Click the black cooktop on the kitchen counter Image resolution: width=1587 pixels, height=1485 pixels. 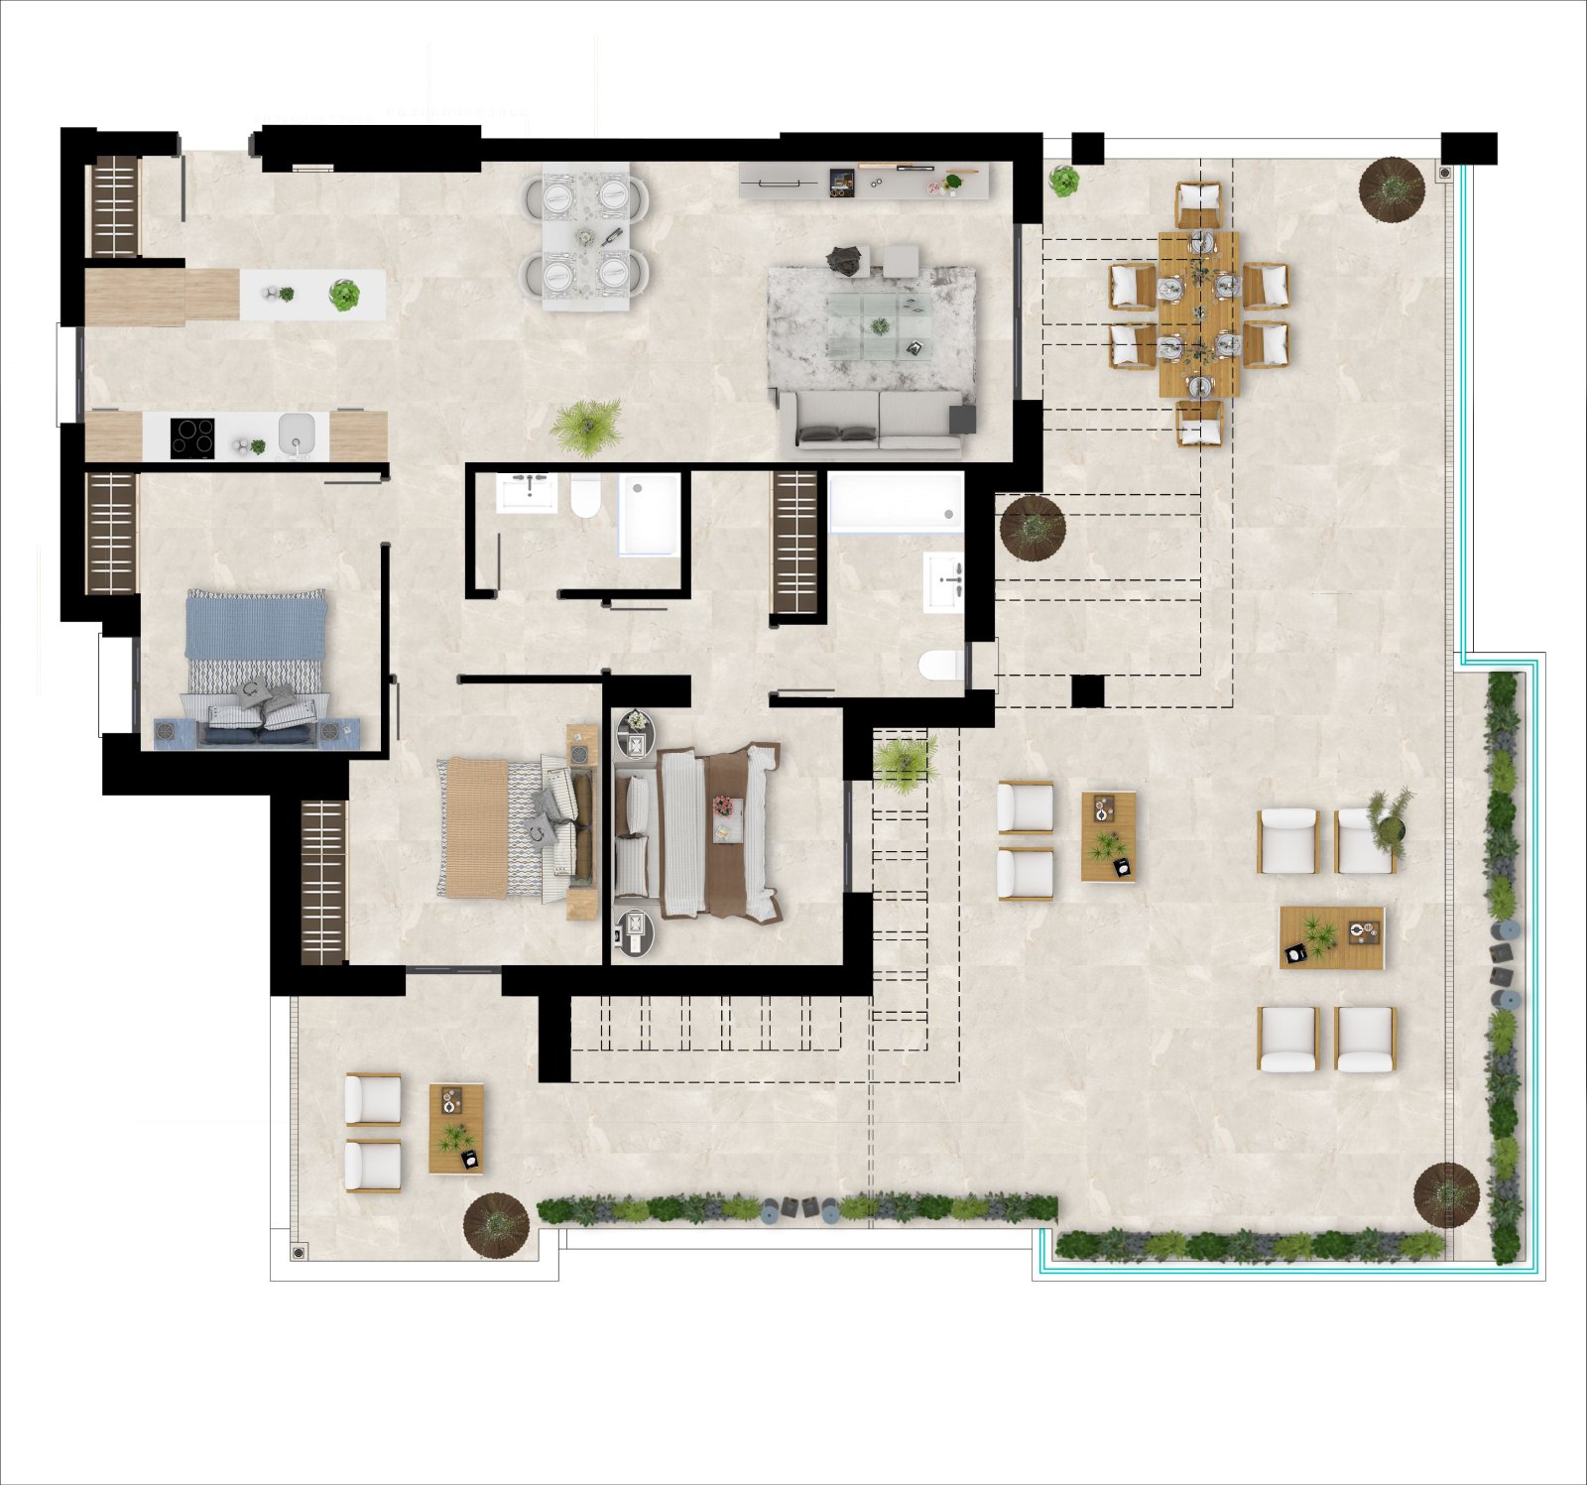(x=192, y=437)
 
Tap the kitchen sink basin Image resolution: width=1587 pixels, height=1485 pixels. (x=297, y=433)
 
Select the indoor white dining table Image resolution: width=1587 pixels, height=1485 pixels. (x=585, y=236)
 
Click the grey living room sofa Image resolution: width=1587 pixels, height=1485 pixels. (x=871, y=421)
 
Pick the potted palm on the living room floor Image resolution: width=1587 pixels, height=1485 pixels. (x=587, y=425)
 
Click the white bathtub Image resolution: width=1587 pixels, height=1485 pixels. (x=895, y=502)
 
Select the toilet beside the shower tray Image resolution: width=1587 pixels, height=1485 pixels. (x=585, y=496)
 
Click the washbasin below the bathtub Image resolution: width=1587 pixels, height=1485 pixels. (x=943, y=580)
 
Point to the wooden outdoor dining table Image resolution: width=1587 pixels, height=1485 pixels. (x=1199, y=313)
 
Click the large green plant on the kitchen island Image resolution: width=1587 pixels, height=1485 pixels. (x=344, y=295)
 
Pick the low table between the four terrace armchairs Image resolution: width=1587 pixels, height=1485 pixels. (x=1331, y=937)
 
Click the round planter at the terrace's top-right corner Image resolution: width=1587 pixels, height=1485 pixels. (x=1392, y=187)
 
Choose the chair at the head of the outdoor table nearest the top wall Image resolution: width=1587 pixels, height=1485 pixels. (x=1199, y=203)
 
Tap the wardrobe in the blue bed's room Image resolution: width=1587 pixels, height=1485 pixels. (x=110, y=534)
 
